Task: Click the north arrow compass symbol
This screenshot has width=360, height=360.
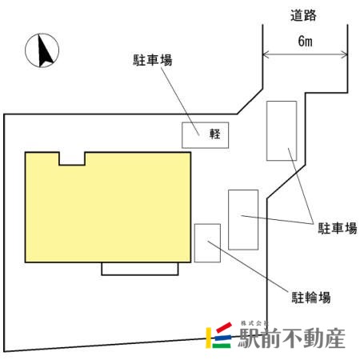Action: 42,50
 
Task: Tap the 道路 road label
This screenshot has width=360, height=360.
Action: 303,15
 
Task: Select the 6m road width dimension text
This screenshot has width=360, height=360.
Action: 305,41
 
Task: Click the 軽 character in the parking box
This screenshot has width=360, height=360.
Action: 215,134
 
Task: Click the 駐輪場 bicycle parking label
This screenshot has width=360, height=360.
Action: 311,298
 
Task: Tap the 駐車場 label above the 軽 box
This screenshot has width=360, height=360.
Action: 153,60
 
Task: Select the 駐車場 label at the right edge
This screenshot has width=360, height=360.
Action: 338,229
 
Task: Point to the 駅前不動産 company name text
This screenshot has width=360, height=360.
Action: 292,338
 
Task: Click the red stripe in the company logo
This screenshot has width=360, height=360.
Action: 224,327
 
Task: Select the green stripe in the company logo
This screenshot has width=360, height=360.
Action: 222,346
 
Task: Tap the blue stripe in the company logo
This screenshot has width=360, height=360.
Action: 222,337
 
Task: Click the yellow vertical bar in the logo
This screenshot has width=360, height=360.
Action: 208,338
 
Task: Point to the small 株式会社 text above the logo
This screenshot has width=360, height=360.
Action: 254,323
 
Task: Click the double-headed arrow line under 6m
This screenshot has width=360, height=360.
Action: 305,55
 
